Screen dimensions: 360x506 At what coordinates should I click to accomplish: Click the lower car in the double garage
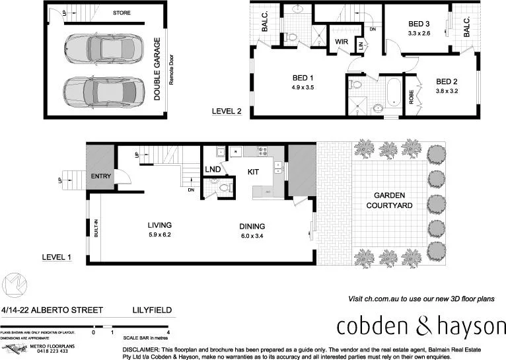[x=102, y=89]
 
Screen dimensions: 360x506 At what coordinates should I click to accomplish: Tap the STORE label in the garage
[x=122, y=13]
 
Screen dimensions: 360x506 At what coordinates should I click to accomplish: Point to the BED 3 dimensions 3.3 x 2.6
[x=419, y=33]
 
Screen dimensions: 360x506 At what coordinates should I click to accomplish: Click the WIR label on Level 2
[x=342, y=42]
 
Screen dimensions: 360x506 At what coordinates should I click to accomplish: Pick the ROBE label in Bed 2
[x=411, y=97]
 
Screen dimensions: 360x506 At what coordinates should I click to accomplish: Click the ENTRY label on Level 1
[x=101, y=176]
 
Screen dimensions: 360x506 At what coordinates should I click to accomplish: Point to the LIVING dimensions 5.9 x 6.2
[x=159, y=234]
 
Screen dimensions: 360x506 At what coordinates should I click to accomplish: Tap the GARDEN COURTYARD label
[x=394, y=201]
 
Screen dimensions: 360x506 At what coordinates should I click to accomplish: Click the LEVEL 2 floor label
[x=226, y=112]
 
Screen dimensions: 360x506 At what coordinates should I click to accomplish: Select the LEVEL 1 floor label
[x=56, y=257]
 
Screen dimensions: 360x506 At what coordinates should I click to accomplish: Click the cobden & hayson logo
[x=420, y=326]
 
